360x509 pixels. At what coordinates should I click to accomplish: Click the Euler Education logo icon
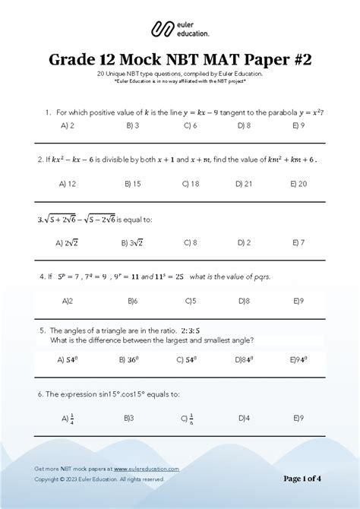162,30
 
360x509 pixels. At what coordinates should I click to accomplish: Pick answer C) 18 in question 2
191,183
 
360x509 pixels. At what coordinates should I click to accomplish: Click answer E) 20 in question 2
298,183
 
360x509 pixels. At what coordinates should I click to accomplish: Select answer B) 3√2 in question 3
132,242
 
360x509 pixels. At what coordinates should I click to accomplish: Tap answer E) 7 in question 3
298,242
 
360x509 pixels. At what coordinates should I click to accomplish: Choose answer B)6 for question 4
131,300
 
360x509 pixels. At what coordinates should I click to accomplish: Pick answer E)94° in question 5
298,359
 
